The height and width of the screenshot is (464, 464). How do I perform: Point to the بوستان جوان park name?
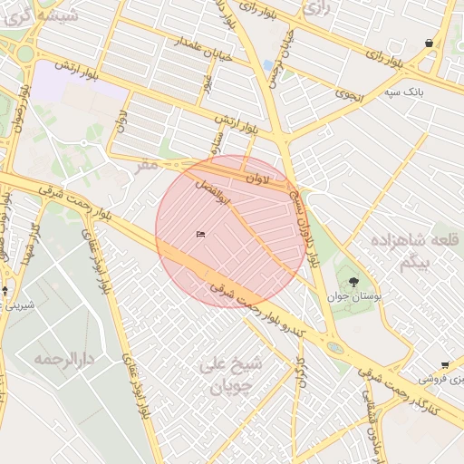tap(356, 296)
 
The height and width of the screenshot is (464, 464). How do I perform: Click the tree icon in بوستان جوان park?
tap(353, 282)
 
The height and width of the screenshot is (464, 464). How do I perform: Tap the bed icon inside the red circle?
tap(200, 235)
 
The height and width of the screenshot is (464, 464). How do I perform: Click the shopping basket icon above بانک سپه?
tap(428, 43)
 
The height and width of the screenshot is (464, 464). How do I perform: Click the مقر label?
tap(147, 165)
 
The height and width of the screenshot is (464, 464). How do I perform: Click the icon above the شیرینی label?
tap(5, 291)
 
